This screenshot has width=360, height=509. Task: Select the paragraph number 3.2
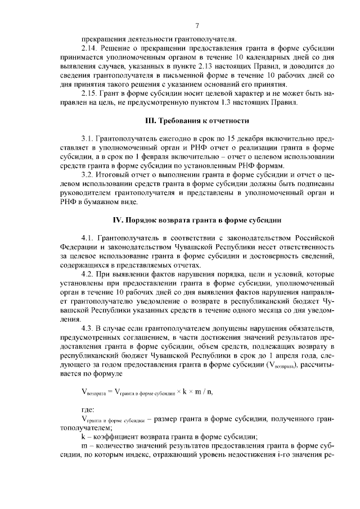(88, 174)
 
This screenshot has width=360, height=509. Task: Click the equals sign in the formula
(109, 391)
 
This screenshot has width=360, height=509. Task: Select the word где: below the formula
(89, 410)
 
